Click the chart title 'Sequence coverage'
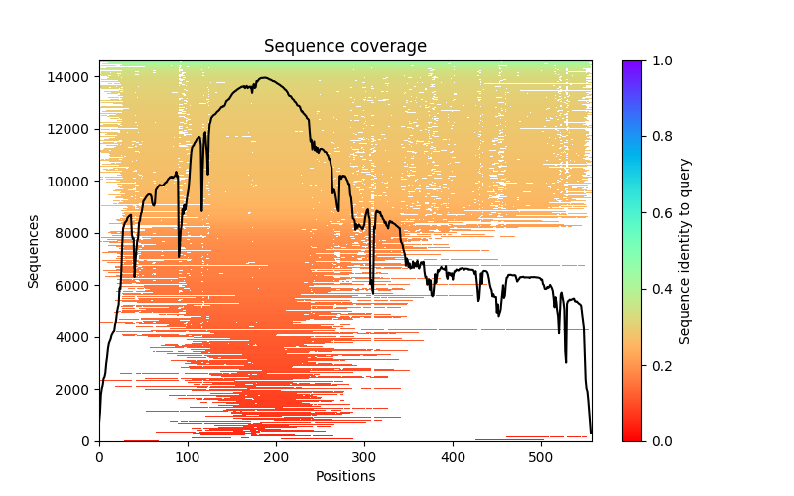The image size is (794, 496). click(x=344, y=47)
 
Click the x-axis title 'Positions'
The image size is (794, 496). click(x=344, y=476)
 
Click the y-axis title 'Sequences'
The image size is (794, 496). click(x=34, y=251)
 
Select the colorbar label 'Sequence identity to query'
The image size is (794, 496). click(x=685, y=251)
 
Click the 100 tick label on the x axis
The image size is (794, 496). click(x=188, y=457)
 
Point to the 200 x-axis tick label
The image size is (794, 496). click(x=276, y=457)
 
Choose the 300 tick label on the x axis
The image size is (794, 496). click(x=364, y=457)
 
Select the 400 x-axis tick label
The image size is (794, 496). click(x=453, y=457)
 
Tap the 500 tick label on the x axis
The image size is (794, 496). click(x=541, y=457)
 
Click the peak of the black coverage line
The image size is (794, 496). click(x=264, y=77)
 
